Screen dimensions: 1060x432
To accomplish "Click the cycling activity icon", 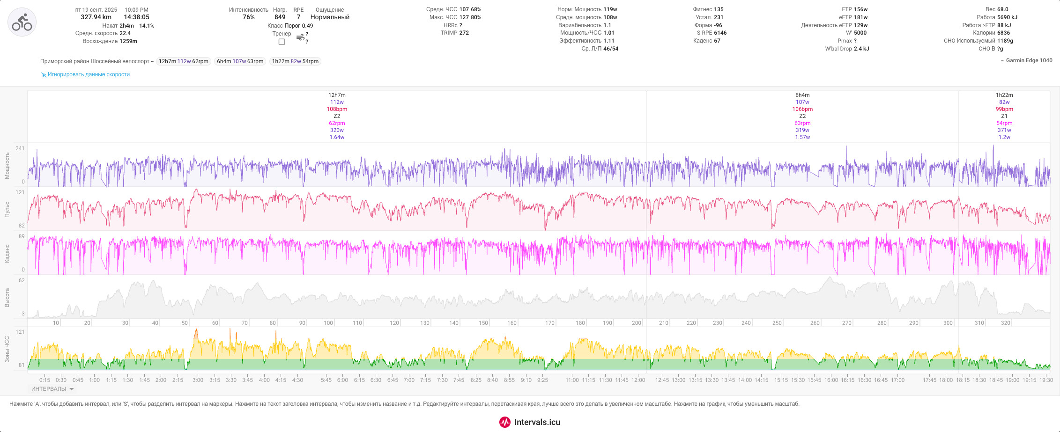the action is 22,22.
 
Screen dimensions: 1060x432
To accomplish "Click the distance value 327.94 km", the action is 96,17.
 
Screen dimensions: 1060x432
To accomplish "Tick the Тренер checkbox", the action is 282,42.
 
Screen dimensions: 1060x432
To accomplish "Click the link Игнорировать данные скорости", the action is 89,74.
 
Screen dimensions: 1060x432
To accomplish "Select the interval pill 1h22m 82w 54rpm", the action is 295,61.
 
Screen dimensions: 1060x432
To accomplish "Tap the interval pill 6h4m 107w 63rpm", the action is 240,61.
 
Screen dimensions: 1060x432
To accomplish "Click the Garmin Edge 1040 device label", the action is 1026,60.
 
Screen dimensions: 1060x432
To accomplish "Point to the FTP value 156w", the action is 860,9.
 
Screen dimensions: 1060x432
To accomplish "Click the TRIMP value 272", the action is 464,33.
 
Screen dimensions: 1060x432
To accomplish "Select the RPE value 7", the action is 298,17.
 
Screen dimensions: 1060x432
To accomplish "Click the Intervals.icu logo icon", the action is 504,422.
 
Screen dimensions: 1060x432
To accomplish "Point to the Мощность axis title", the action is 7,166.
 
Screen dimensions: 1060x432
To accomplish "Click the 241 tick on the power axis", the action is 20,148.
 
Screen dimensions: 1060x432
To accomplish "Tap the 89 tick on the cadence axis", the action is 22,236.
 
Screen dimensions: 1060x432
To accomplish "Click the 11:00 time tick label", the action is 571,380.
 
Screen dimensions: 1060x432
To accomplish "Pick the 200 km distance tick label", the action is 636,323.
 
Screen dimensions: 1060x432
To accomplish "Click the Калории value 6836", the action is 1003,33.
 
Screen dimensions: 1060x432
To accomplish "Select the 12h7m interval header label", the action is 337,95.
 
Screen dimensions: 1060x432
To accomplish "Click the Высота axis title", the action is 7,298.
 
